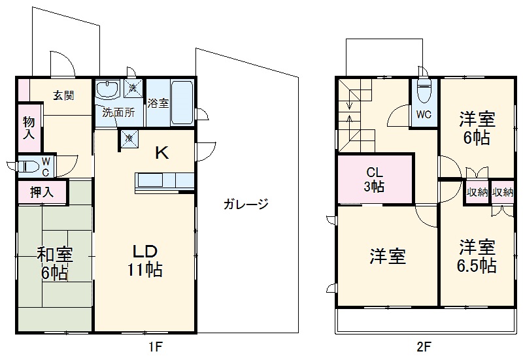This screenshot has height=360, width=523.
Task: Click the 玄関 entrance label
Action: (63, 95)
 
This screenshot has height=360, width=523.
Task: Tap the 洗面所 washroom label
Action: (118, 112)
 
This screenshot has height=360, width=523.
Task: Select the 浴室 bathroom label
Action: (158, 103)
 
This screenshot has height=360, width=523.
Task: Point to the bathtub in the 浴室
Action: (182, 102)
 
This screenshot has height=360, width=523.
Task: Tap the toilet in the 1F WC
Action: (27, 166)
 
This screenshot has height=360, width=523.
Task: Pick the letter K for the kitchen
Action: (161, 154)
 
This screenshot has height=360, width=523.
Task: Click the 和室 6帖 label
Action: (54, 263)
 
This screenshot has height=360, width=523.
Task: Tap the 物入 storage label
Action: (29, 128)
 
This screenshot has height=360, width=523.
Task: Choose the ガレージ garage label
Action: (246, 204)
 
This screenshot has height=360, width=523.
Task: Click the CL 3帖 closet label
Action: (374, 180)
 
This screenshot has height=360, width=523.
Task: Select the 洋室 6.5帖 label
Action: (477, 256)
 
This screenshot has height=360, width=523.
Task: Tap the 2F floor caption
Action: (424, 347)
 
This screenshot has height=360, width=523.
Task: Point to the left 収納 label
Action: (477, 192)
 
